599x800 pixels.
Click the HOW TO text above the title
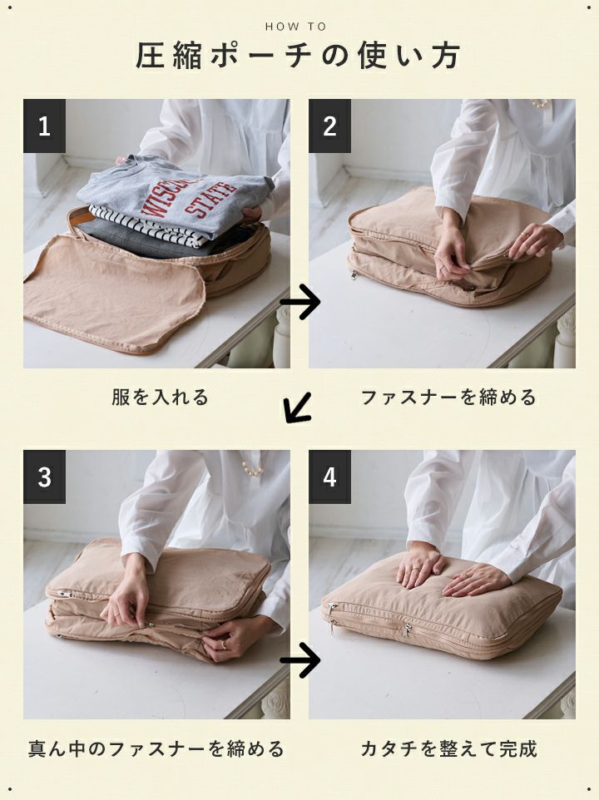[x=295, y=27]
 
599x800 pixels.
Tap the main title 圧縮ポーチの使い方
[x=299, y=56]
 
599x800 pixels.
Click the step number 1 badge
[x=44, y=126]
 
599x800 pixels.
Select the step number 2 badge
[x=329, y=126]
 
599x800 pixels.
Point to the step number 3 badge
[x=44, y=477]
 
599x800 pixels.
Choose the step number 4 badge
[x=329, y=477]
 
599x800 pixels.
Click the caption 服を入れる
[x=161, y=397]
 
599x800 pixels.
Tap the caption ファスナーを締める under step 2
[x=448, y=397]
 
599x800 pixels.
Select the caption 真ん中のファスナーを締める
[x=156, y=749]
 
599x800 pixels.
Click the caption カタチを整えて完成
[x=448, y=749]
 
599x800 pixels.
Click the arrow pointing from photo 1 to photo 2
[x=300, y=302]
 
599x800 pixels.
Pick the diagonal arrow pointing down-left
[x=298, y=407]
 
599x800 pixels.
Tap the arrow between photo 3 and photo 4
[x=300, y=660]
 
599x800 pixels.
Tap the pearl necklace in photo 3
[x=253, y=467]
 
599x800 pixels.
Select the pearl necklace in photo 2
[x=540, y=104]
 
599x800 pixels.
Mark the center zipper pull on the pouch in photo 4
[x=408, y=629]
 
